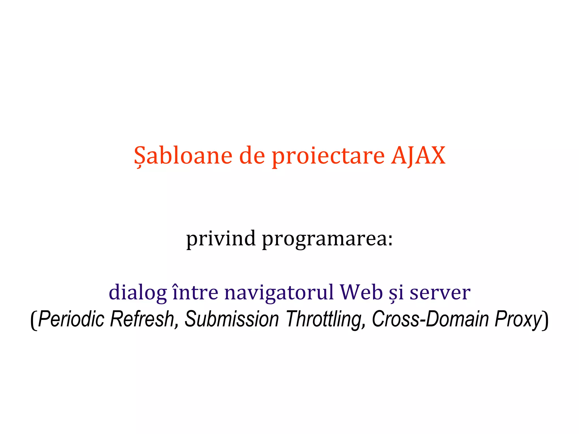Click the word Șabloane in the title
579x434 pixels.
183,156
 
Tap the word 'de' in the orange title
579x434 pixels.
252,156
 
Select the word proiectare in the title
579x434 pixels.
328,157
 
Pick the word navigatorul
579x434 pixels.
279,293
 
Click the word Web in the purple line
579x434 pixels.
361,292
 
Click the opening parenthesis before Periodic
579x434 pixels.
34,320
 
